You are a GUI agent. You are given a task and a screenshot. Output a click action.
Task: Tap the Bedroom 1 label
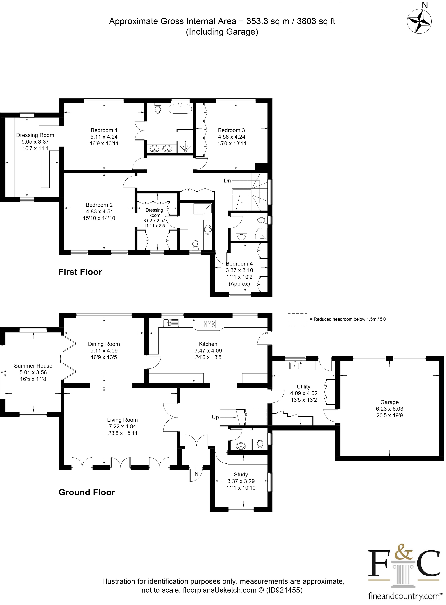[104, 130]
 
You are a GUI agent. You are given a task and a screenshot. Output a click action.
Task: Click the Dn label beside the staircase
[227, 181]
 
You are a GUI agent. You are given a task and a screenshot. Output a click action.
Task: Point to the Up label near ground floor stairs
[215, 417]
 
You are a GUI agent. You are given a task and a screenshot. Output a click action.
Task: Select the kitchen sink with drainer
[171, 323]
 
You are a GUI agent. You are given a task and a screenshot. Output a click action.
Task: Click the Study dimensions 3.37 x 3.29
[241, 481]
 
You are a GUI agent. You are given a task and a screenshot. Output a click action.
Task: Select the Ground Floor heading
[87, 492]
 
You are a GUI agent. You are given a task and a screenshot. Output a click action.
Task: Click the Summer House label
[33, 366]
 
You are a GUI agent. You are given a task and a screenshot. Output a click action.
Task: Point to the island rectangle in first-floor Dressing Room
[33, 167]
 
